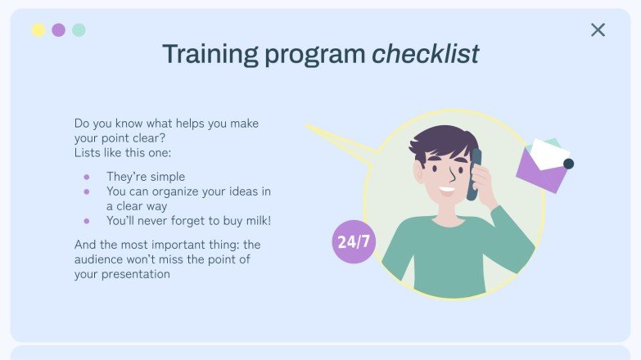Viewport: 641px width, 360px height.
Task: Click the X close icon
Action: pos(598,30)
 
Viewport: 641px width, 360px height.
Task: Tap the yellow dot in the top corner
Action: pos(38,30)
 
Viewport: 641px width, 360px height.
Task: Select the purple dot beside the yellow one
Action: pos(58,30)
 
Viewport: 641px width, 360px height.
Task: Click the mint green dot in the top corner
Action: pos(79,30)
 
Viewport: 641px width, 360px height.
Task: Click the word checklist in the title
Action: pos(425,54)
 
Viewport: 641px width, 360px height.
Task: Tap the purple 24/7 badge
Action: pos(354,241)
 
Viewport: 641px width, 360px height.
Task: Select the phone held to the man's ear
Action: pos(474,173)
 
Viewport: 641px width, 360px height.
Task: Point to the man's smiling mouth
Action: pos(446,192)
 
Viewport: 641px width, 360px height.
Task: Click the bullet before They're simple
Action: pos(87,177)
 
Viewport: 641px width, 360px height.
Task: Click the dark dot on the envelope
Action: pos(568,164)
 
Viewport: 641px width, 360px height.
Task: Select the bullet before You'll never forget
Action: pos(87,221)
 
